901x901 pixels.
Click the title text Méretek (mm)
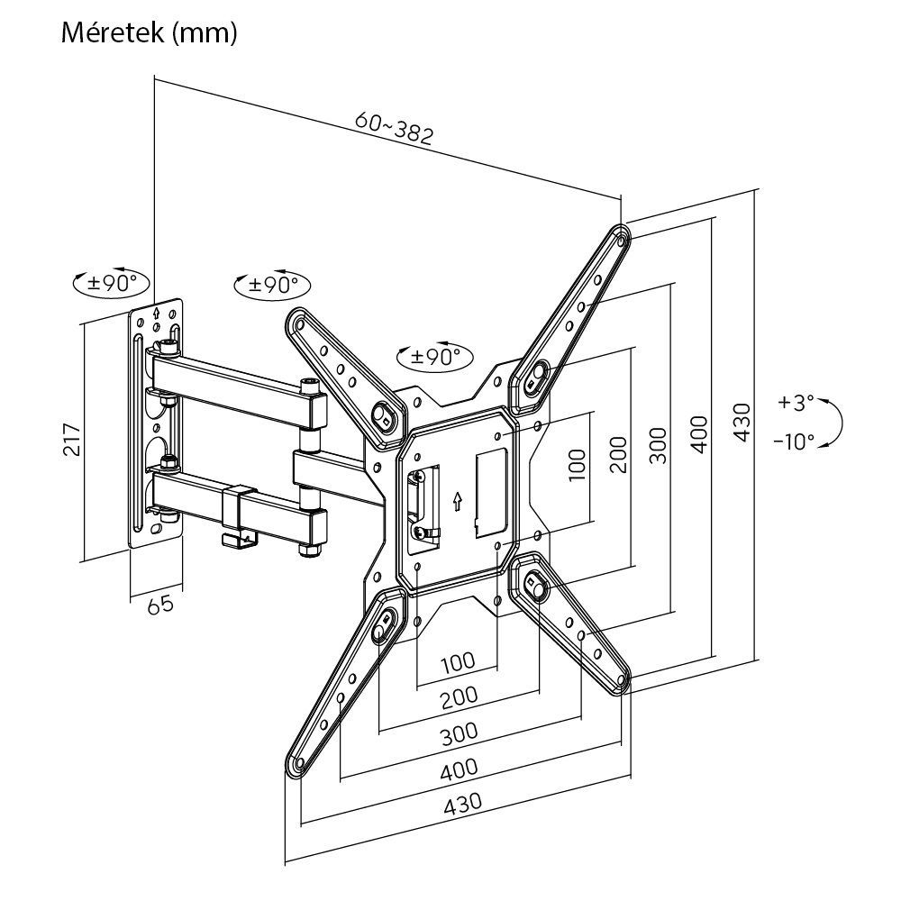150,33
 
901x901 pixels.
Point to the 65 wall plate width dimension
159,605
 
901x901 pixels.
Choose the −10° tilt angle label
793,441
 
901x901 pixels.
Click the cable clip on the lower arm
237,519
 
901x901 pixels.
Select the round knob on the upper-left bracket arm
382,415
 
